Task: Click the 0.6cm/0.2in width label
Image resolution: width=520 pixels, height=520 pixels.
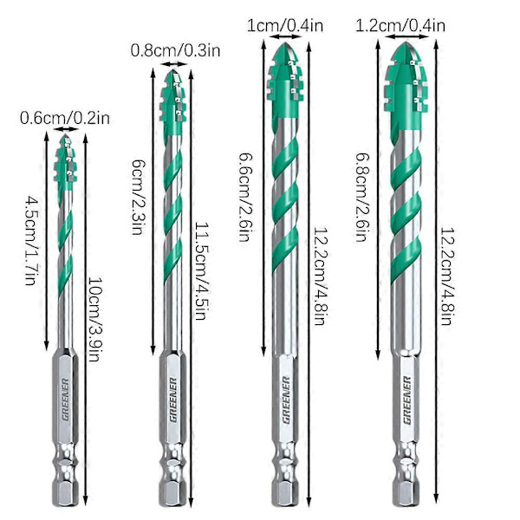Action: coord(65,118)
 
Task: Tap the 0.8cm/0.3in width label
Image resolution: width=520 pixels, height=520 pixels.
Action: coord(175,51)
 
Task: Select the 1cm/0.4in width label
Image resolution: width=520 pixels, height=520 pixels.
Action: coord(285,25)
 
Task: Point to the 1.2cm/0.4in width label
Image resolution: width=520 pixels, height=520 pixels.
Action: coord(400,25)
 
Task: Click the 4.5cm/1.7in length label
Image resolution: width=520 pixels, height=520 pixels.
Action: coord(33,240)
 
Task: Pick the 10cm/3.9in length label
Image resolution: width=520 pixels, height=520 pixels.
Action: coord(96,319)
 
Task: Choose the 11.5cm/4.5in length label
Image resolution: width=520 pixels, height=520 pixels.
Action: coord(202,270)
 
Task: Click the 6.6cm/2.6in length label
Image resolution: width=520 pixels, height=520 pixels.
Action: coord(246,197)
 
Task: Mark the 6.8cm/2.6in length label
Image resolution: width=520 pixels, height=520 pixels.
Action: coord(362,197)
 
